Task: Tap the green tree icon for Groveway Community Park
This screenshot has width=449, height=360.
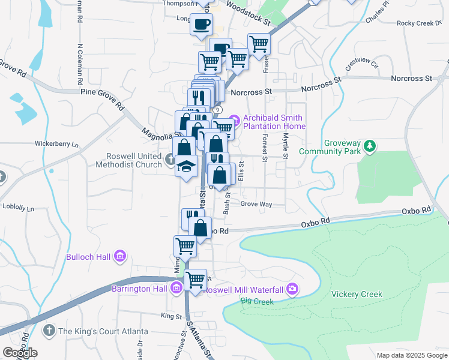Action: [371, 145]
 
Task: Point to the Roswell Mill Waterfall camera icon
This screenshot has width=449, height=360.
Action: [292, 289]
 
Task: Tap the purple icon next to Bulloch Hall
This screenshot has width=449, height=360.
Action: [120, 257]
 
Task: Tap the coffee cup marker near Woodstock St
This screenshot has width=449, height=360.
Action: [201, 25]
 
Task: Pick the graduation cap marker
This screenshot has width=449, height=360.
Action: [186, 166]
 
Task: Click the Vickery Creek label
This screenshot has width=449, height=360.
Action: [357, 294]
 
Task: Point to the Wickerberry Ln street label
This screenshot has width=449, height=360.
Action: [56, 144]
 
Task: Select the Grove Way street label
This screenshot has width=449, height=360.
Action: [256, 205]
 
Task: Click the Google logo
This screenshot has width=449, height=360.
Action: [20, 353]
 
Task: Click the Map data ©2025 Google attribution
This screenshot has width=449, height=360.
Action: [411, 355]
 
